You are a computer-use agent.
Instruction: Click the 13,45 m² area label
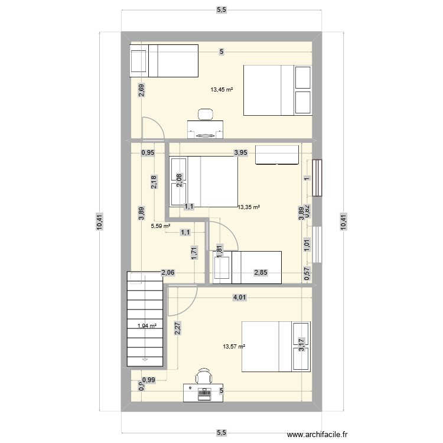pos(221,90)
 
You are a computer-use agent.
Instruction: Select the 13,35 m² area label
pos(249,207)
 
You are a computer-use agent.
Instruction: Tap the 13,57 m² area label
pos(234,347)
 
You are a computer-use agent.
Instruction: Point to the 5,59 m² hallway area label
pos(160,226)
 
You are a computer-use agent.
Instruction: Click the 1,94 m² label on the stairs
pos(147,325)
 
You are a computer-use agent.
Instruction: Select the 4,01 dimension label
pos(239,298)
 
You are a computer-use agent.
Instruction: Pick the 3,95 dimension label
pos(240,153)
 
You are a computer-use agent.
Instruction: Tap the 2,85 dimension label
pos(260,272)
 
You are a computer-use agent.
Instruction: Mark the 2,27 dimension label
pos(177,327)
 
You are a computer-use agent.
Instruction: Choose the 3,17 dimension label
pos(301,342)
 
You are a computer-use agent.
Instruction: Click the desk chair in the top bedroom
pos(206,114)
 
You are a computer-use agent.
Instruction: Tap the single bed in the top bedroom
pos(164,60)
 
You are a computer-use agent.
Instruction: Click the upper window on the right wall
pos(318,178)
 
